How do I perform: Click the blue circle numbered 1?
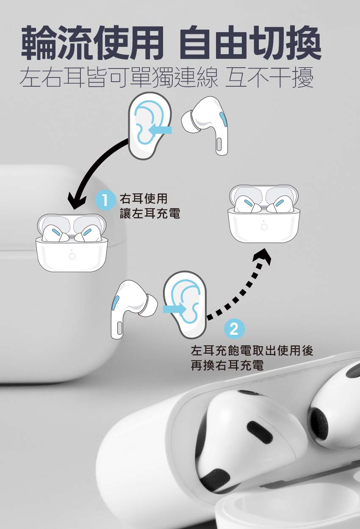tap(104, 201)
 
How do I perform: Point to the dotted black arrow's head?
tap(262, 256)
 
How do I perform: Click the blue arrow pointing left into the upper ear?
tap(160, 129)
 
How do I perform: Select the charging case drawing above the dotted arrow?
tap(264, 213)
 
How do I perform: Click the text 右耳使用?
tap(144, 198)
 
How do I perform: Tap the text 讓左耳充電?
tap(150, 213)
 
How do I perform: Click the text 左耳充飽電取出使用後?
tap(252, 350)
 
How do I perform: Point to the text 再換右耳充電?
tap(227, 365)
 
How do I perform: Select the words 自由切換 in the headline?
tap(250, 42)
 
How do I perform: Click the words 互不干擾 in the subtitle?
tap(269, 77)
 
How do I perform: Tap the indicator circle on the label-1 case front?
tap(72, 256)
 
